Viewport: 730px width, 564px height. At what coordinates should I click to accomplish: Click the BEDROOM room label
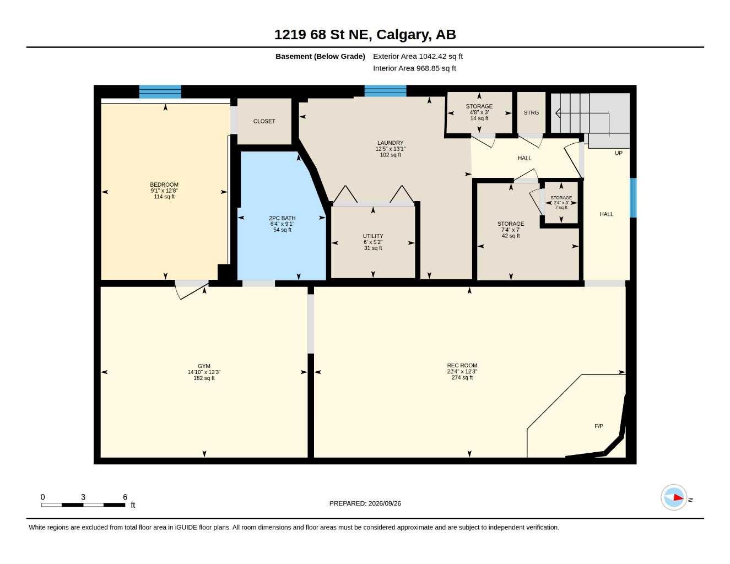pyautogui.click(x=164, y=185)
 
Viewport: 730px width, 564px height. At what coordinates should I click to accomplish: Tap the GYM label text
pyautogui.click(x=204, y=366)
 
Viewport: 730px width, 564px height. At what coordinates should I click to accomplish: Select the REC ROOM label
pyautogui.click(x=462, y=365)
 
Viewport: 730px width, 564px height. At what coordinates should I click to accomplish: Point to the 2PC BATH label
pyautogui.click(x=282, y=218)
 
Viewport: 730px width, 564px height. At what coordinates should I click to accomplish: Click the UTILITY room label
pyautogui.click(x=373, y=236)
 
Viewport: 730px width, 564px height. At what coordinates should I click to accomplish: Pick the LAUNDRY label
pyautogui.click(x=390, y=143)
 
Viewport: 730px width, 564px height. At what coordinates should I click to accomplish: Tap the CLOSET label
pyautogui.click(x=264, y=121)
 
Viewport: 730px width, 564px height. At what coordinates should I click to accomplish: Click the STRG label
pyautogui.click(x=531, y=112)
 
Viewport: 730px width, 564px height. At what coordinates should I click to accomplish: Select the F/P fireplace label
pyautogui.click(x=599, y=426)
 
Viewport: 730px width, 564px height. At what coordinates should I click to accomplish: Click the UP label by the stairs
pyautogui.click(x=619, y=153)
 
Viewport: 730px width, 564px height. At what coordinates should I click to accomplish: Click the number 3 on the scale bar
pyautogui.click(x=83, y=497)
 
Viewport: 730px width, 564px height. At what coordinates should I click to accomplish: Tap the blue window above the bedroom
pyautogui.click(x=160, y=91)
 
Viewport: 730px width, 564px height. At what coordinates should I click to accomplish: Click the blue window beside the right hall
pyautogui.click(x=633, y=198)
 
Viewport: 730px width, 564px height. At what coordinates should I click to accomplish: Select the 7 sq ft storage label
pyautogui.click(x=561, y=208)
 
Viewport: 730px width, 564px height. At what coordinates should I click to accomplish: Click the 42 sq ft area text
pyautogui.click(x=511, y=236)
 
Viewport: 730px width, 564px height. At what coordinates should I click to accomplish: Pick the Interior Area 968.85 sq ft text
pyautogui.click(x=414, y=68)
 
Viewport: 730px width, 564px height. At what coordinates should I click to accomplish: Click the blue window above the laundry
pyautogui.click(x=385, y=91)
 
